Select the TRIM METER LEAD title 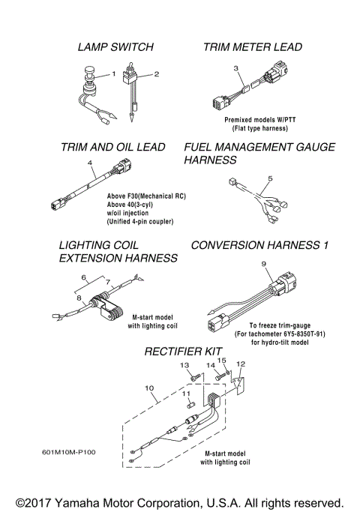coord(253,47)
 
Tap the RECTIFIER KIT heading coord(182,351)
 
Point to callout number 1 coord(114,74)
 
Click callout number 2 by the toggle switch coord(157,74)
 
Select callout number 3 coord(236,69)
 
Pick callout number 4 coord(90,163)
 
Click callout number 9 coord(263,264)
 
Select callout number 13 coord(183,364)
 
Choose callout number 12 coord(241,364)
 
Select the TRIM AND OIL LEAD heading coord(112,148)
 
